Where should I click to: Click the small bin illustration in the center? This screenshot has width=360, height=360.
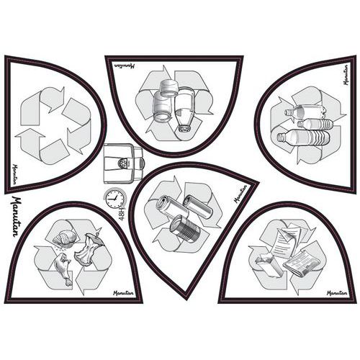(123, 164)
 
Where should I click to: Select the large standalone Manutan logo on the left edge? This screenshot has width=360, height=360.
(17, 216)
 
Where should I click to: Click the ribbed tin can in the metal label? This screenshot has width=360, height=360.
(185, 228)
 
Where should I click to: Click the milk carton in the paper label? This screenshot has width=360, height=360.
(269, 266)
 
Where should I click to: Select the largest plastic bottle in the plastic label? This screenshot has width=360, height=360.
(303, 139)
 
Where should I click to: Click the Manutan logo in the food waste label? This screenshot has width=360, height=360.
(123, 293)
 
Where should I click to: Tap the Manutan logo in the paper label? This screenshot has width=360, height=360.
(337, 293)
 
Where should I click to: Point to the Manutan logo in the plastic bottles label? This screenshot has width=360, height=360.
(345, 75)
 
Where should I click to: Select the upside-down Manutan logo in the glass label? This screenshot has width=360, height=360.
(125, 66)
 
